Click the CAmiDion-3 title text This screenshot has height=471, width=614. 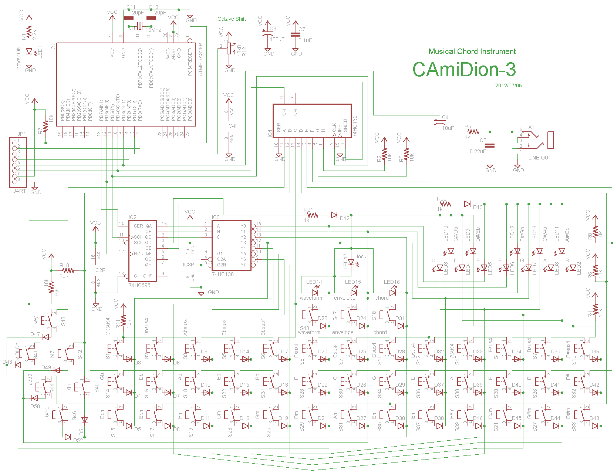464,70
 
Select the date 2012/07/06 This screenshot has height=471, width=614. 508,85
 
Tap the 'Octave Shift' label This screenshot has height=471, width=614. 232,19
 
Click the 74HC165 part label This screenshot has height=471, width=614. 355,126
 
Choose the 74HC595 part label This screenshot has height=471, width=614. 139,285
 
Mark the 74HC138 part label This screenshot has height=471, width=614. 223,274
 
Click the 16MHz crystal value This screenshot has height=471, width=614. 153,30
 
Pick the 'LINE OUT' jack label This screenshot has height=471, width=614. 540,158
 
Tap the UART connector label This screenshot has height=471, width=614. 19,191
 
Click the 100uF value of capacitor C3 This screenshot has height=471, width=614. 277,39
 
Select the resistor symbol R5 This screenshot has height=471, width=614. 473,132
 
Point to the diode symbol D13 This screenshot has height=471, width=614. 468,204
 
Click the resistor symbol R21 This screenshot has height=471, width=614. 312,215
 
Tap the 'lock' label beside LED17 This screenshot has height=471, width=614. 361,256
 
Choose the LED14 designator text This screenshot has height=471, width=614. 314,282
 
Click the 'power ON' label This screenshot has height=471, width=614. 19,58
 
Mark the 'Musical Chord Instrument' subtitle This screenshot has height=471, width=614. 472,51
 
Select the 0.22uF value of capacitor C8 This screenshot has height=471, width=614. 478,151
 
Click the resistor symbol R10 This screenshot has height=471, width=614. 68,270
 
